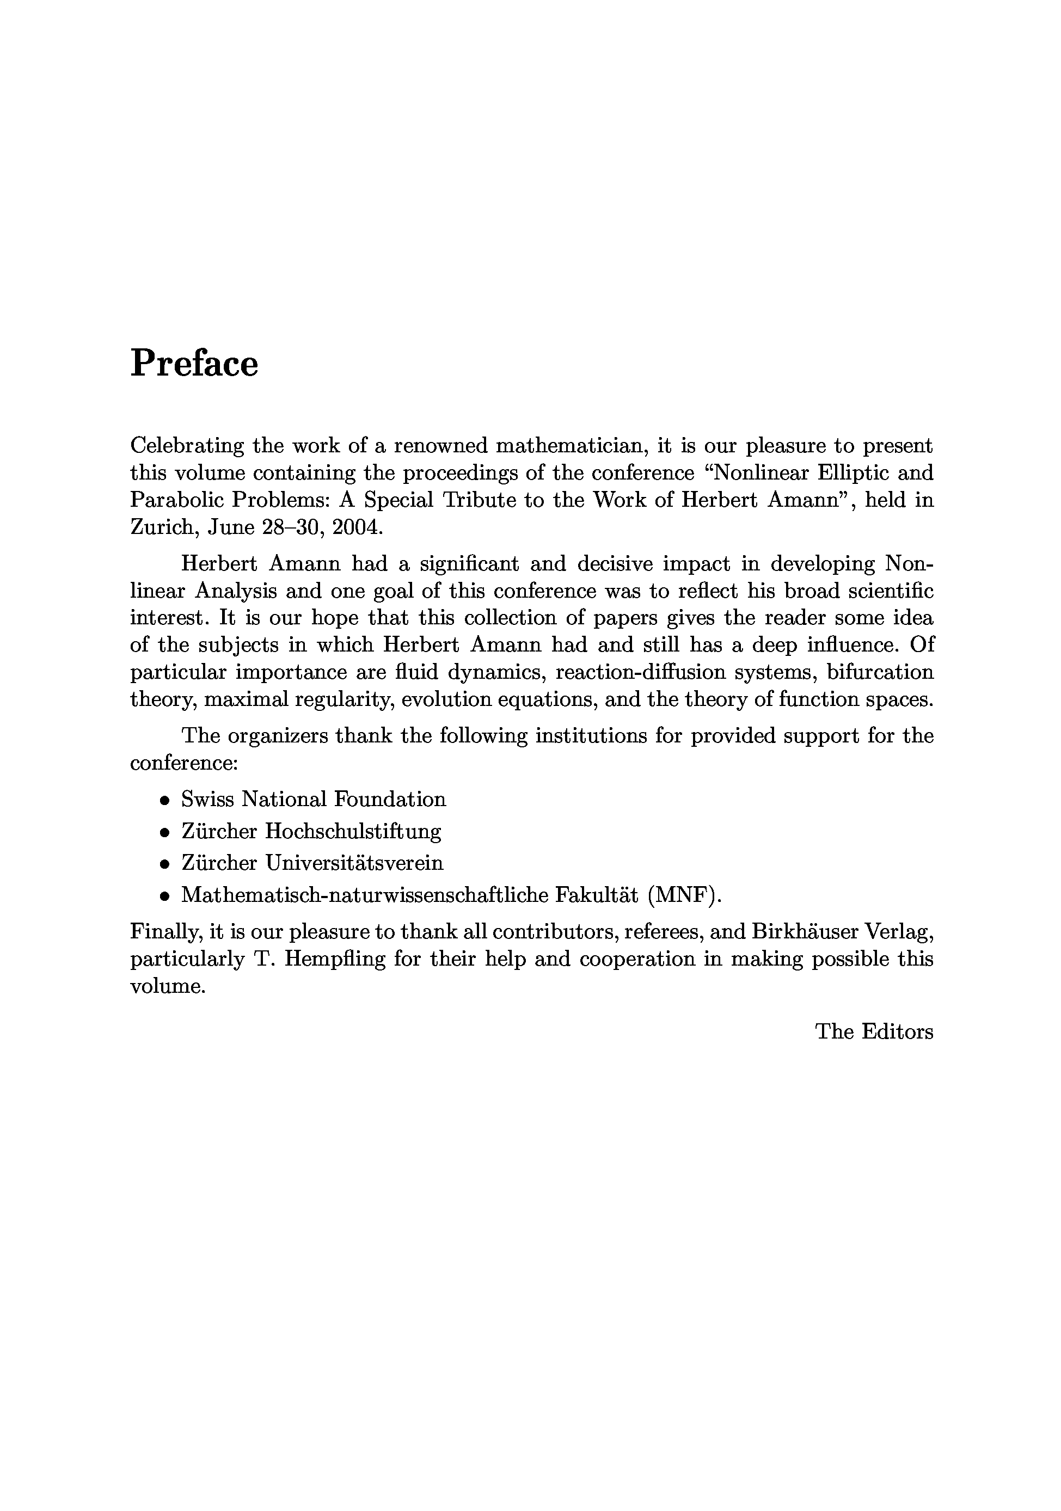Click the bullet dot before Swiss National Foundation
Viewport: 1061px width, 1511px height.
coord(164,801)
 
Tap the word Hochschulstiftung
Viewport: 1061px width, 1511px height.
coord(353,831)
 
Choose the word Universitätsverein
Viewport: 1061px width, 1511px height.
coord(354,863)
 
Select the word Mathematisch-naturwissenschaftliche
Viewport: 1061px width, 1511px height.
coord(364,895)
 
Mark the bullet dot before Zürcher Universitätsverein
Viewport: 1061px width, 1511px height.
coord(164,864)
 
